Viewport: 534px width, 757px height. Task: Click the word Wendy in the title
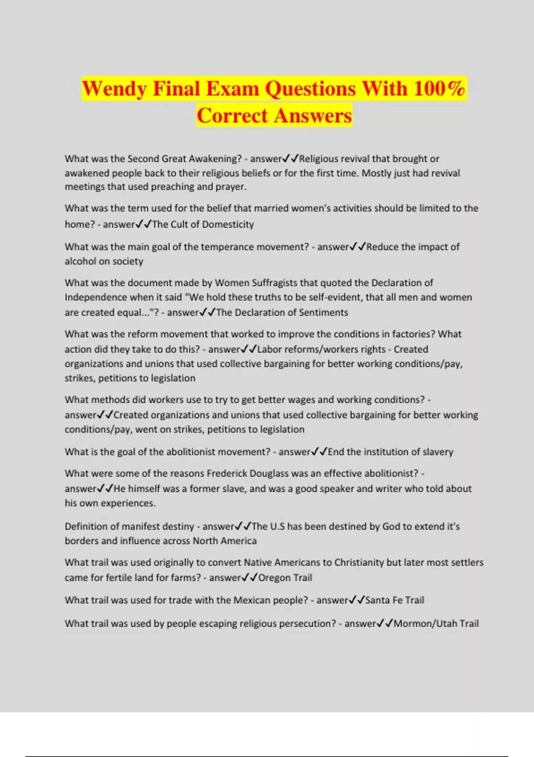tap(114, 89)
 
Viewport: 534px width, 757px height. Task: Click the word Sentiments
tap(324, 313)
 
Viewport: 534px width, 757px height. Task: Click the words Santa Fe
tap(384, 600)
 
